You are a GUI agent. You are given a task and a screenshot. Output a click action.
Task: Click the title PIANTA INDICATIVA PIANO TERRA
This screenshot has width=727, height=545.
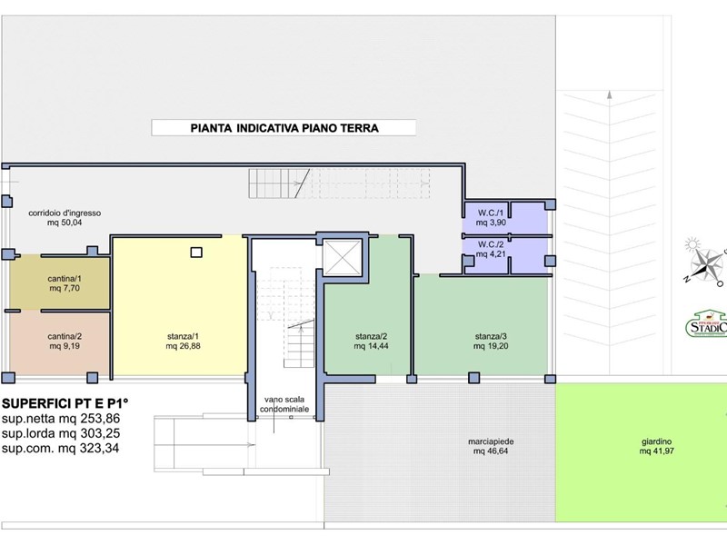pos(284,128)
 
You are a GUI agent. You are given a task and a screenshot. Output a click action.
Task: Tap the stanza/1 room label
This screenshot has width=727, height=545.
pos(184,336)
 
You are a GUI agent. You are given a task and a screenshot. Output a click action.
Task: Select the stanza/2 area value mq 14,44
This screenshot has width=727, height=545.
pos(372,346)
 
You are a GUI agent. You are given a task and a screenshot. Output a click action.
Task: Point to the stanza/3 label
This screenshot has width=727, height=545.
pos(490,336)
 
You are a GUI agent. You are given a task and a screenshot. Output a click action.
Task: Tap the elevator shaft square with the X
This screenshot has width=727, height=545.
pos(343,257)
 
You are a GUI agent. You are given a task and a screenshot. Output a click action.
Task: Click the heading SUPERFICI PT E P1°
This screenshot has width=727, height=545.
pos(66,403)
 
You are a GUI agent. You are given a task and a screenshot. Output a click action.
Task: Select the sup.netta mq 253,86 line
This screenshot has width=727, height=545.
pos(60,419)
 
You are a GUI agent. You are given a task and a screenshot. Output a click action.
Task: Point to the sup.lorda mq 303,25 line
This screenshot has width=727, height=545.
pos(60,433)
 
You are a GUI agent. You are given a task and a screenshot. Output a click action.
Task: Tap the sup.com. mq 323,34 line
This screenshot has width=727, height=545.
pos(60,448)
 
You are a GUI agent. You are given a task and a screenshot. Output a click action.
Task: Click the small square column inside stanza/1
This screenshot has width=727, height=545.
pos(195,253)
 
